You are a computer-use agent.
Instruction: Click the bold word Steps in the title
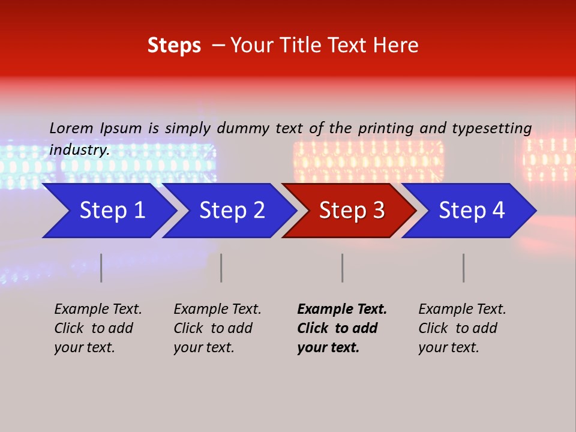pyautogui.click(x=174, y=46)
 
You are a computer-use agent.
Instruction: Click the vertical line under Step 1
pyautogui.click(x=101, y=268)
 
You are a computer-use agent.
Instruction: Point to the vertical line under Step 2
pyautogui.click(x=221, y=268)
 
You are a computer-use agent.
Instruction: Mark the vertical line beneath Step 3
pyautogui.click(x=343, y=268)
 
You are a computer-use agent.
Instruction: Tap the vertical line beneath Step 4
pyautogui.click(x=464, y=268)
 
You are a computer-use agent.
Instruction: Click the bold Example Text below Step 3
pyautogui.click(x=342, y=328)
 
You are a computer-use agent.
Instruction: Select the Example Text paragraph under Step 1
pyautogui.click(x=98, y=328)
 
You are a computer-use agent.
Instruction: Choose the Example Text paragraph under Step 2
pyautogui.click(x=217, y=328)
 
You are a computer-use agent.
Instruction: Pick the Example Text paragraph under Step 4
pyautogui.click(x=462, y=328)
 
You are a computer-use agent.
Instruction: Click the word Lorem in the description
pyautogui.click(x=71, y=128)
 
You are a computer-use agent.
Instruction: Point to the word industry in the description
pyautogui.click(x=79, y=150)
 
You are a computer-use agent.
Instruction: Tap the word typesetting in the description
pyautogui.click(x=491, y=128)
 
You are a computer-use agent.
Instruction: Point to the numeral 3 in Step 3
pyautogui.click(x=378, y=211)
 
